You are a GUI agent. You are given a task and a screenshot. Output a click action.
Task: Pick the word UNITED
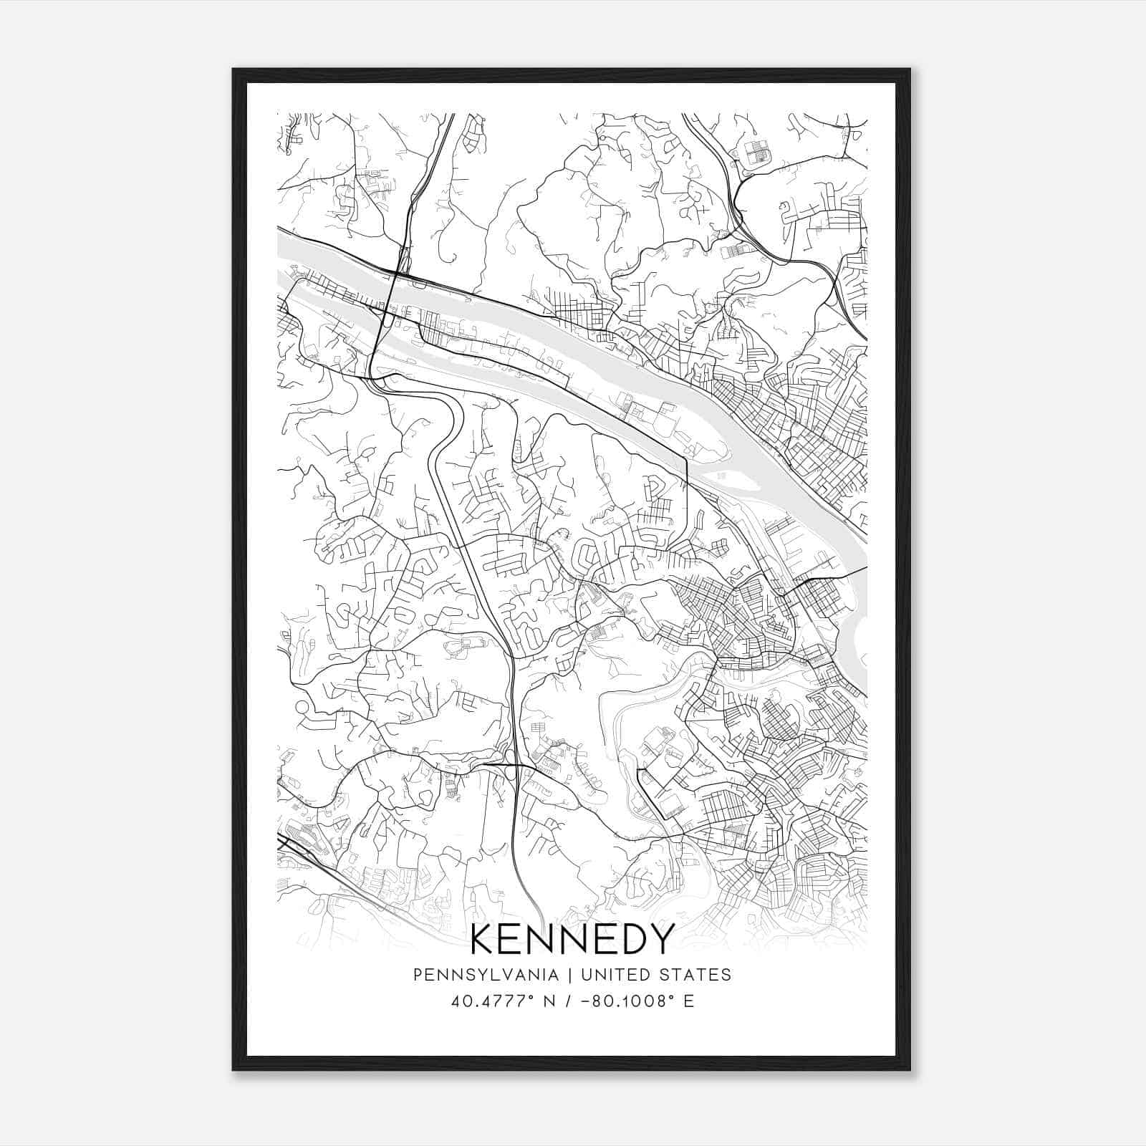pyautogui.click(x=616, y=975)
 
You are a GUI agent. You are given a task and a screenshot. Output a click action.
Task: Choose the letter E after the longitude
pyautogui.click(x=689, y=1001)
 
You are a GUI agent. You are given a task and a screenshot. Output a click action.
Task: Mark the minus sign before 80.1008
pyautogui.click(x=586, y=1001)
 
